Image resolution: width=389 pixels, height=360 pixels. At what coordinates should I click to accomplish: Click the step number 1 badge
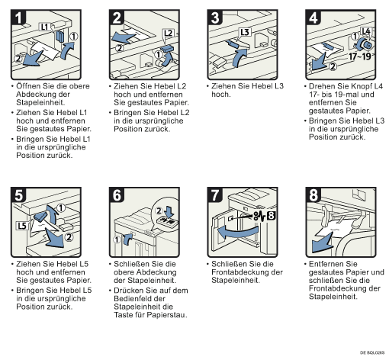[18, 18]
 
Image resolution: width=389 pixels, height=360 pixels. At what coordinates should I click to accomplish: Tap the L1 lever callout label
[45, 27]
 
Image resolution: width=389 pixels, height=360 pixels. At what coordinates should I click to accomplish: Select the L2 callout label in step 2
[168, 33]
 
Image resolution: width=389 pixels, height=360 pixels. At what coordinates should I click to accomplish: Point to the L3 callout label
[245, 32]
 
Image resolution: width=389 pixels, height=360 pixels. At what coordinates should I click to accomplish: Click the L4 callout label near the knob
[366, 31]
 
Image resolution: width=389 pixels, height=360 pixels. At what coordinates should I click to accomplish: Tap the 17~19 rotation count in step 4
[360, 56]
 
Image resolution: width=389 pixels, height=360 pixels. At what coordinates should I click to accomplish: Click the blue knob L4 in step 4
[365, 45]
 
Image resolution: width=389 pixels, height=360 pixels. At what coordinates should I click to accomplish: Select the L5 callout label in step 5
[22, 226]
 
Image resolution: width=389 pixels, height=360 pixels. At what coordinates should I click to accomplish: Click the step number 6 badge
[117, 195]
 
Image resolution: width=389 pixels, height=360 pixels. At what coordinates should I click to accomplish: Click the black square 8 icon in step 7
[271, 216]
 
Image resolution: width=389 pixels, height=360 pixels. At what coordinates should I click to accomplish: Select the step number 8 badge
[313, 195]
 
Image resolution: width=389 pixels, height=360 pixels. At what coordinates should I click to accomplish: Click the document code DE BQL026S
[372, 352]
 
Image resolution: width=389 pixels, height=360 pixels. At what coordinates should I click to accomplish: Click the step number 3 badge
[215, 18]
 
